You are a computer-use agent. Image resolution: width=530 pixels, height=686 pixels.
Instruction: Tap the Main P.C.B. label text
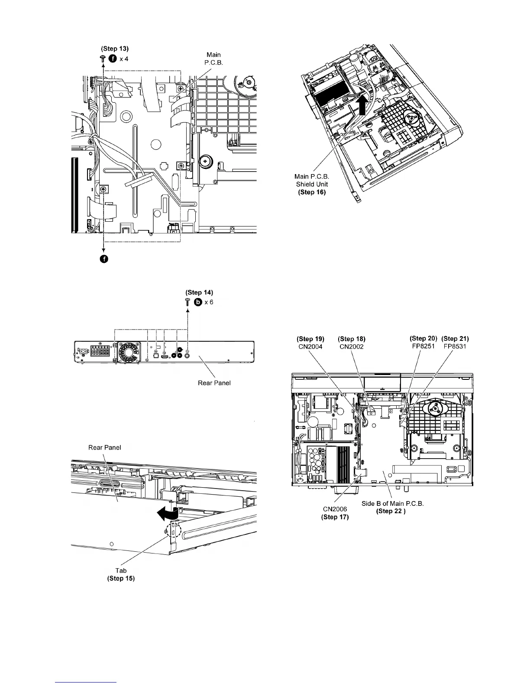(213, 58)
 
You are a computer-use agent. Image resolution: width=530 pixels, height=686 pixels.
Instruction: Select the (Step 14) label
(199, 293)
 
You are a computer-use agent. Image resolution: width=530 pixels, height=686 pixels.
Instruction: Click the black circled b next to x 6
(198, 302)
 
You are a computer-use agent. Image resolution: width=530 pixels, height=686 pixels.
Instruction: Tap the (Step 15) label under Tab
(121, 578)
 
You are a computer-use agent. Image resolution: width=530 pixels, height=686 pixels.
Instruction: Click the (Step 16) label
(312, 192)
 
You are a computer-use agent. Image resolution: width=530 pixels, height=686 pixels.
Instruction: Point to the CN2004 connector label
(310, 346)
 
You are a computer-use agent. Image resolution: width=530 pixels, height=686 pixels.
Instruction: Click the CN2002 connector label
(352, 346)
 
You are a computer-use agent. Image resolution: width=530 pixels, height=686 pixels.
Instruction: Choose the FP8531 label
(455, 346)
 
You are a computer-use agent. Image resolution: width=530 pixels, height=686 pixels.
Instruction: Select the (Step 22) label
(391, 511)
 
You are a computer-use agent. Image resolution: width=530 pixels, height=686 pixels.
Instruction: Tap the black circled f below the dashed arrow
(104, 259)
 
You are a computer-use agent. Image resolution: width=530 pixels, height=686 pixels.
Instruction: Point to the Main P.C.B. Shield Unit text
(312, 180)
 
